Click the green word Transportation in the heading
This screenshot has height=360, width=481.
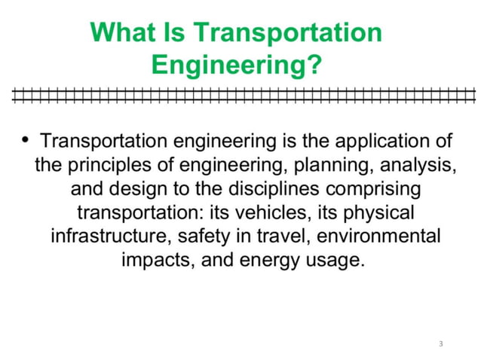(289, 32)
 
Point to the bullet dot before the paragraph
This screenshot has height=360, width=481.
(26, 139)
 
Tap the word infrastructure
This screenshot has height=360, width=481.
(110, 236)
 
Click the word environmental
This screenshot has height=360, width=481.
(378, 236)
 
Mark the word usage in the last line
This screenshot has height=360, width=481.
(330, 261)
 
